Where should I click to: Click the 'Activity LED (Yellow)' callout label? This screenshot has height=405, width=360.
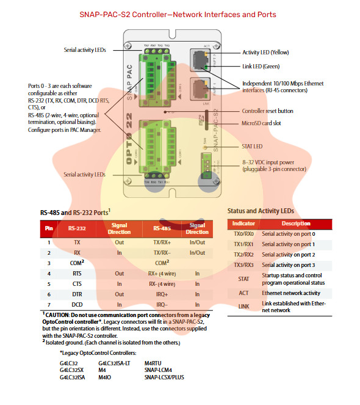pos(265,53)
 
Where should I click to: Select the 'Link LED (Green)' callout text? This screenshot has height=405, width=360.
pos(261,67)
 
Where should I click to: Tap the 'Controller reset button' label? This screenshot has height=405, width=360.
pos(268,111)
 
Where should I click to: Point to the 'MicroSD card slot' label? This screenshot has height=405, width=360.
pos(261,123)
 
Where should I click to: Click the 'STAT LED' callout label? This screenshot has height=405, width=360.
pos(252,147)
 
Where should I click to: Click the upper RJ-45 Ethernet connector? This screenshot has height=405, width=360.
pos(200,60)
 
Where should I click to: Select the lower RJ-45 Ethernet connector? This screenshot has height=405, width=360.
pos(200,89)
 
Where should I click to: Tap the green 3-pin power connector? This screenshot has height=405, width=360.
pos(206,166)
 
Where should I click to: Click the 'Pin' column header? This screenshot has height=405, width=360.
pos(49,228)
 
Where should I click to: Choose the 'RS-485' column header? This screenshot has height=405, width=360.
pos(162,228)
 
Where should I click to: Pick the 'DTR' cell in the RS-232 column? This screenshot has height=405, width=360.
pos(77,294)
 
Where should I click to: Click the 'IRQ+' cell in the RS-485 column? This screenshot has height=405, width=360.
pos(162,294)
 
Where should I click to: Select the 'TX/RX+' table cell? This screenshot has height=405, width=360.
pos(162,243)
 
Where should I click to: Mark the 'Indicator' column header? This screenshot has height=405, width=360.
pos(243,224)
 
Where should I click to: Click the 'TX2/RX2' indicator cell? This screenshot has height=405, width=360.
pos(243,255)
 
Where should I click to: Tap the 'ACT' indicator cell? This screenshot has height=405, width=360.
pos(243,293)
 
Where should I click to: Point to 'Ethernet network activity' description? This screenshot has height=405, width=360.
pos(291,293)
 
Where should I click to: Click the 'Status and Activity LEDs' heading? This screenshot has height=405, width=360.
pos(261,211)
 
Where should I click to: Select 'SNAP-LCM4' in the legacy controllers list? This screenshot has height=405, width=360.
pos(158,370)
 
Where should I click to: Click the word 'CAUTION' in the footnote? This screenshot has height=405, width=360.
pos(57,315)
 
